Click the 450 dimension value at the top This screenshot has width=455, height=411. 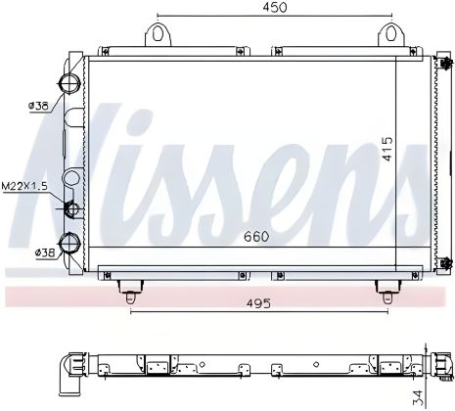click(275, 8)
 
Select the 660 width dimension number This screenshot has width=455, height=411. click(256, 236)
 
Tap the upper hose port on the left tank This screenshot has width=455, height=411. click(69, 81)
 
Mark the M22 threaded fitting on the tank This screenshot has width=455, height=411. click(70, 208)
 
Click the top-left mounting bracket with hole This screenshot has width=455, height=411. click(159, 36)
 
